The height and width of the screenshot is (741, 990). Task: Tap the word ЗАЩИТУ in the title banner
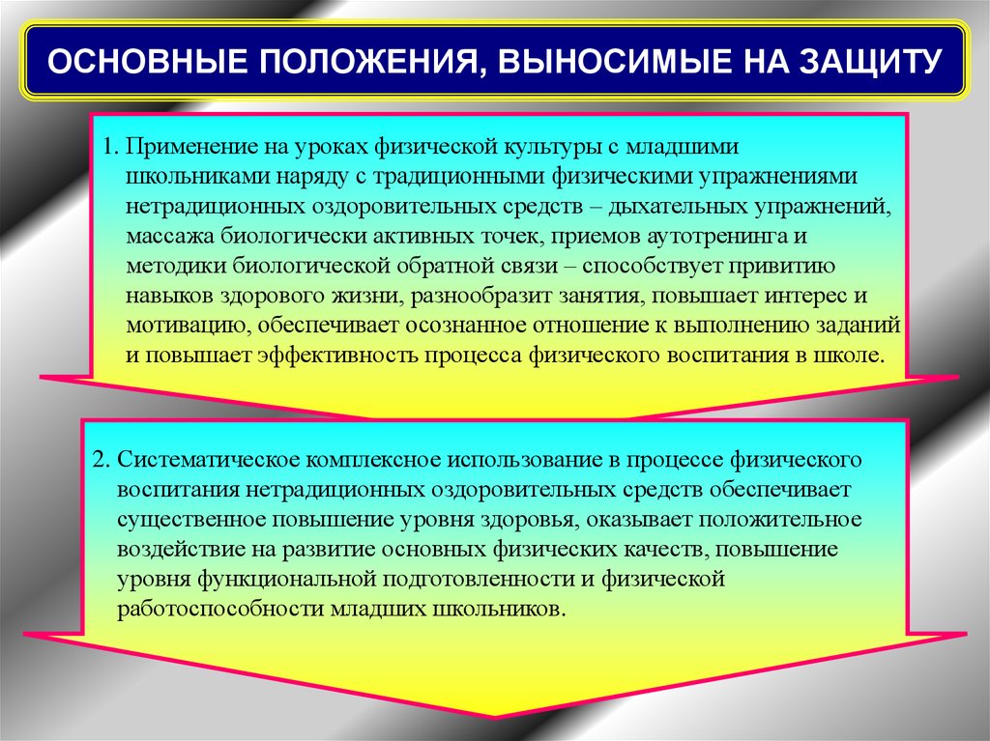(871, 61)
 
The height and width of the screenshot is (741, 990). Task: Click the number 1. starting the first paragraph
(110, 147)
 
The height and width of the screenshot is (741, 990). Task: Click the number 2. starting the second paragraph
(102, 460)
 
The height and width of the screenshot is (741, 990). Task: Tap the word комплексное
(374, 460)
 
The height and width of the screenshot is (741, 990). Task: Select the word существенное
(191, 521)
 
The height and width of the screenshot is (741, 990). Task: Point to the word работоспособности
(220, 610)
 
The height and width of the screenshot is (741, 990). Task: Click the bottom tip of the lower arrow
(494, 717)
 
